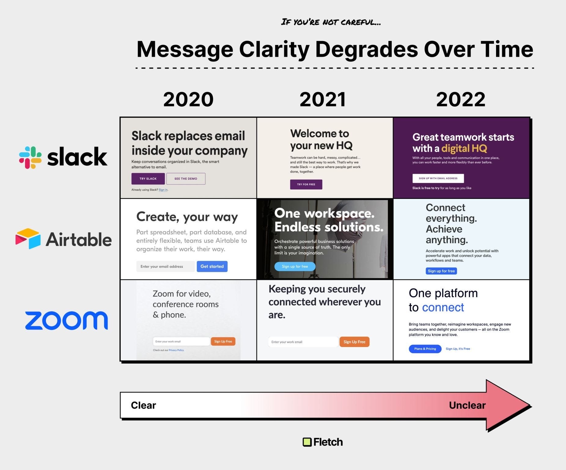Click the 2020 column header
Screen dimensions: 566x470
pos(188,99)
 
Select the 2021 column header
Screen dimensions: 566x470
pos(323,99)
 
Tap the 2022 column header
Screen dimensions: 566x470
pos(461,99)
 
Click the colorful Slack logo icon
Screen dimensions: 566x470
pos(30,157)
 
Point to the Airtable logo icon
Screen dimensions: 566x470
pos(28,239)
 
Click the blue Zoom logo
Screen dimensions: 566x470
pos(66,321)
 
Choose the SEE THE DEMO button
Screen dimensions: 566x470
pos(186,179)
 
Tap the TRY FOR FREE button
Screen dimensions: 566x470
pos(306,185)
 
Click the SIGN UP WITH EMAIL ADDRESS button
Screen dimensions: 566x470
pos(438,178)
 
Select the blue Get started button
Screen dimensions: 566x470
pos(212,267)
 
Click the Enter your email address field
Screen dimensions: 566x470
pos(165,267)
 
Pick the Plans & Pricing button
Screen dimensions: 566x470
pos(425,349)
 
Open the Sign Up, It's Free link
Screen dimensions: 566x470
pos(458,349)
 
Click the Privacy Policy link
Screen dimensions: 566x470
pos(176,350)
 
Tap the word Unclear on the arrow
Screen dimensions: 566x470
pos(467,405)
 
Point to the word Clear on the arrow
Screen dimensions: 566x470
pos(143,405)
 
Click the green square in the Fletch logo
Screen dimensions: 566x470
pos(307,442)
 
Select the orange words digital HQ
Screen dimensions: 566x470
pos(464,148)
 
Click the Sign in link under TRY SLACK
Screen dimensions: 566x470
pos(163,190)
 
